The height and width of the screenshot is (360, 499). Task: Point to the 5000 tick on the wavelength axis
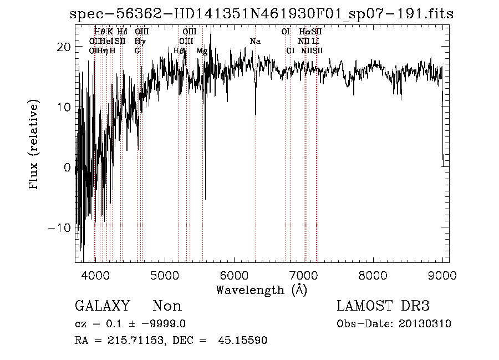tap(164, 274)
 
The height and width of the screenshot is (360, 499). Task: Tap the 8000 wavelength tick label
tap(373, 274)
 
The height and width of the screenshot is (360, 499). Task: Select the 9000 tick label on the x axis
tap(442, 274)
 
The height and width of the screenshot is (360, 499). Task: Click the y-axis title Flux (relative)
tap(35, 145)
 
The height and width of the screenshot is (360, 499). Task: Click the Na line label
tap(255, 42)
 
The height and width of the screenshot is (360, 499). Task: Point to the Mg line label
tap(202, 51)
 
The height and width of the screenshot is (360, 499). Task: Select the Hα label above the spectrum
tap(304, 32)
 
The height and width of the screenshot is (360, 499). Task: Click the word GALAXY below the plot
tap(102, 306)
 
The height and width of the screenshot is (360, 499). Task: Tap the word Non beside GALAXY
tap(167, 306)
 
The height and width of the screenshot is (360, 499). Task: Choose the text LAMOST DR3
tap(383, 306)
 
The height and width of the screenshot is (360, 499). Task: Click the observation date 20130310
tap(425, 324)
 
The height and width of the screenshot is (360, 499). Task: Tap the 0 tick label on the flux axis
tap(68, 168)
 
